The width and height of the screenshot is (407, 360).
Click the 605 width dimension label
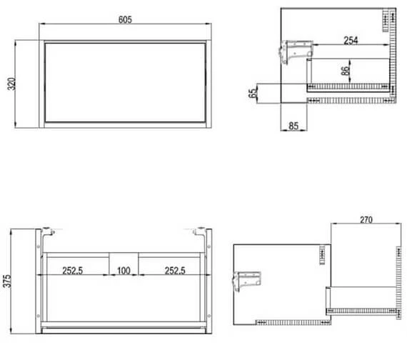tap(125, 20)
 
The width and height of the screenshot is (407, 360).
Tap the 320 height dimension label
tap(11, 84)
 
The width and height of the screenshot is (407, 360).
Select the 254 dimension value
tap(351, 41)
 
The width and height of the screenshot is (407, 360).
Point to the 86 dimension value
tap(345, 71)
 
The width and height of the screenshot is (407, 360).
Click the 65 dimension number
tap(252, 94)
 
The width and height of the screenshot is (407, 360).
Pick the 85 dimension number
tap(293, 126)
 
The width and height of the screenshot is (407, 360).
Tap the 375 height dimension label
tap(7, 281)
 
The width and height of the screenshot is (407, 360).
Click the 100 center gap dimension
tap(124, 271)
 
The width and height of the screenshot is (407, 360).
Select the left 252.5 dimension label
tap(72, 271)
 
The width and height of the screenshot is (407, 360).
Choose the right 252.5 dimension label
tap(175, 271)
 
